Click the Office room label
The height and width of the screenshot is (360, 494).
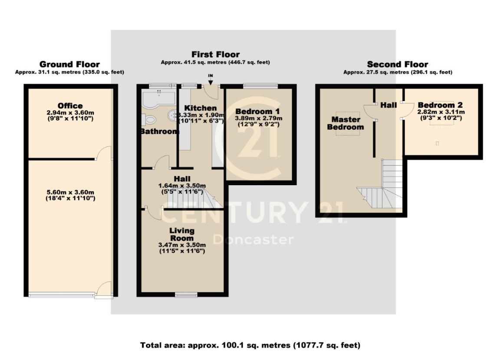70,106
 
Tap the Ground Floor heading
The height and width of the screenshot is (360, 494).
69,65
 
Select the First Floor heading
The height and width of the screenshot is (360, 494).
215,55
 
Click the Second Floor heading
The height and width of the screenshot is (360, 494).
397,65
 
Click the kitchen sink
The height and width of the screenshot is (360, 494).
172,115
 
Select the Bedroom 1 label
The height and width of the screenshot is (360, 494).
258,111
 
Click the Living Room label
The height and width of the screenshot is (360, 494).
182,234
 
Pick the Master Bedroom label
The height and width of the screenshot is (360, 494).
346,123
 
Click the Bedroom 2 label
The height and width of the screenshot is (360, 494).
440,105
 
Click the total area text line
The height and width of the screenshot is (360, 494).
250,346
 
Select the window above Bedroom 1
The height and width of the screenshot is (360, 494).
260,85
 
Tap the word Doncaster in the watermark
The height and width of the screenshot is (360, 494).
253,239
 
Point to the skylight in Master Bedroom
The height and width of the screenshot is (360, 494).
343,131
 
